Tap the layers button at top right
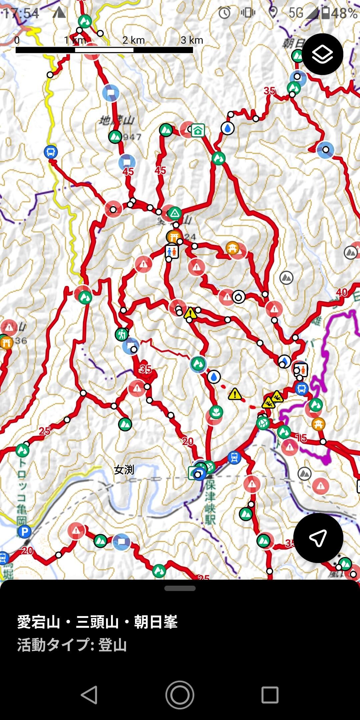click(322, 54)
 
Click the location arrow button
click(318, 538)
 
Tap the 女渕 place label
click(124, 470)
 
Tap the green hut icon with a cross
click(198, 131)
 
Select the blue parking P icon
click(24, 531)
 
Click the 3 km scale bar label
click(192, 40)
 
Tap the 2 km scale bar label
click(133, 40)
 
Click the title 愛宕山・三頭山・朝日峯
click(97, 622)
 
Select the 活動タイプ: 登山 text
click(72, 645)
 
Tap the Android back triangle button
click(89, 695)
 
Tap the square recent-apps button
click(270, 695)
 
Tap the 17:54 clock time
click(21, 13)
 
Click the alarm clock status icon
click(225, 13)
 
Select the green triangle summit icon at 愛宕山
click(174, 213)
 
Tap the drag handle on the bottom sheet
click(180, 588)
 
